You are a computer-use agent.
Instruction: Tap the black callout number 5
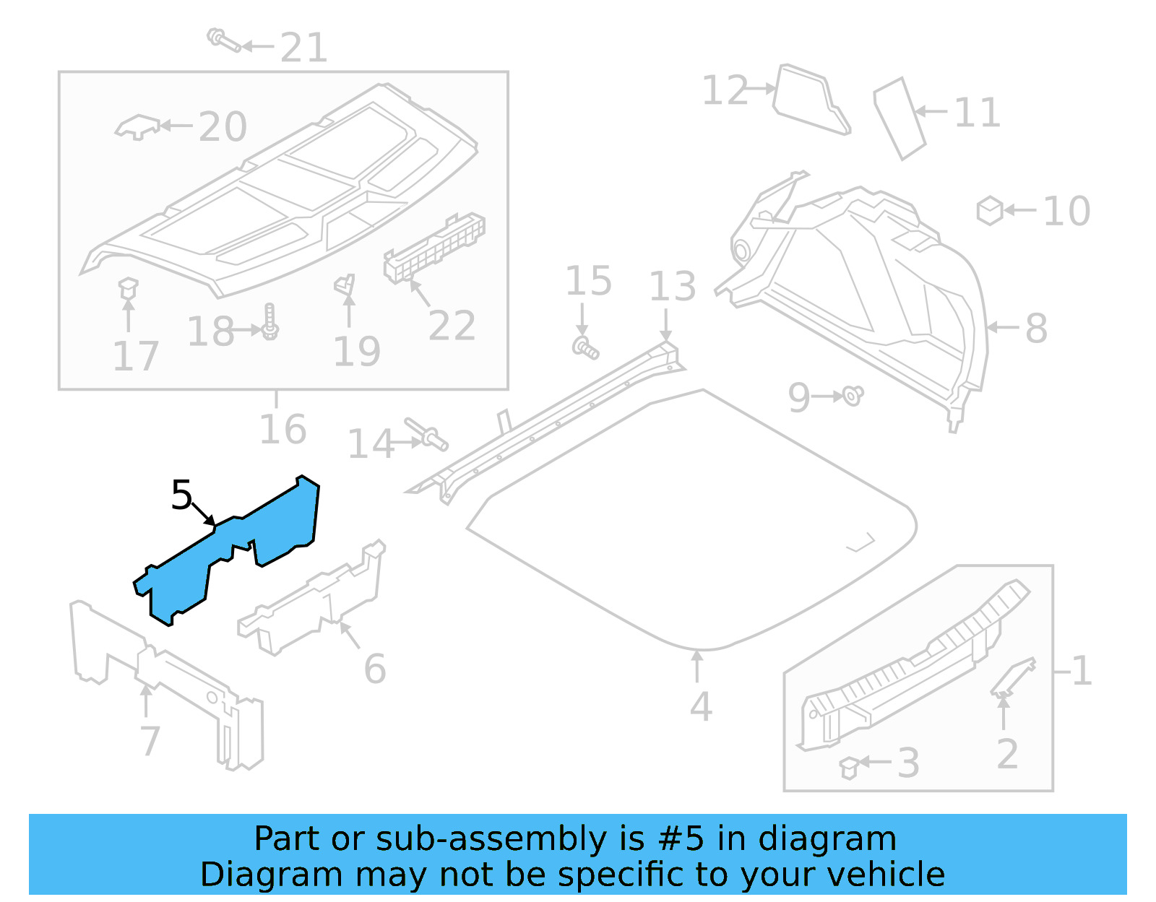tap(181, 495)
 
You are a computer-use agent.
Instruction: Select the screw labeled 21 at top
tap(223, 40)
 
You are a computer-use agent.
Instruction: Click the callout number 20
tap(223, 127)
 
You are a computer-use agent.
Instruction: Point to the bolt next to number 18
tap(269, 322)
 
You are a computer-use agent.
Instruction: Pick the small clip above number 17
tap(128, 288)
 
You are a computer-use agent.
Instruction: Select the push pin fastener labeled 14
tap(428, 433)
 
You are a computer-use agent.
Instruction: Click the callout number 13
tap(672, 287)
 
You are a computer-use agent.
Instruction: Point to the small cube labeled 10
tap(989, 211)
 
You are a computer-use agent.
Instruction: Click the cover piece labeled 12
tap(810, 100)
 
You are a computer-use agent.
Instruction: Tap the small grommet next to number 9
tap(853, 396)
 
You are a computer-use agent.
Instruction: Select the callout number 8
tap(1036, 329)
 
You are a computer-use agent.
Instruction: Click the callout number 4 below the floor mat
tap(700, 706)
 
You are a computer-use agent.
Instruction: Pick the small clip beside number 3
tap(849, 768)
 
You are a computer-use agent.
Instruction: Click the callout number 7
tap(150, 740)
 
